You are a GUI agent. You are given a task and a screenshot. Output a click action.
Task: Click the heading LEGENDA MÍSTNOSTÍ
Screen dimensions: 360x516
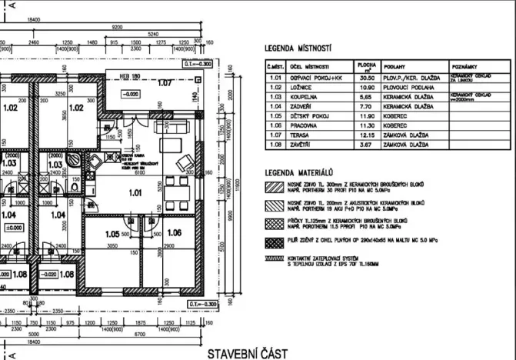299,48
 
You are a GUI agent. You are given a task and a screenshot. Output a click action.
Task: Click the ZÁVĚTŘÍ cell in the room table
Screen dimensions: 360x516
305,143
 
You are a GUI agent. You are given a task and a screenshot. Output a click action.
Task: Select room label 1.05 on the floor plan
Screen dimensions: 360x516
115,233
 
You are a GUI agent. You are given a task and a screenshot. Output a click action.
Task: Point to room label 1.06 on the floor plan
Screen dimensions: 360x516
174,232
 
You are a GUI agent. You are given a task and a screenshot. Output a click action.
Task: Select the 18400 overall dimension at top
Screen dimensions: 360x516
35,17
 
